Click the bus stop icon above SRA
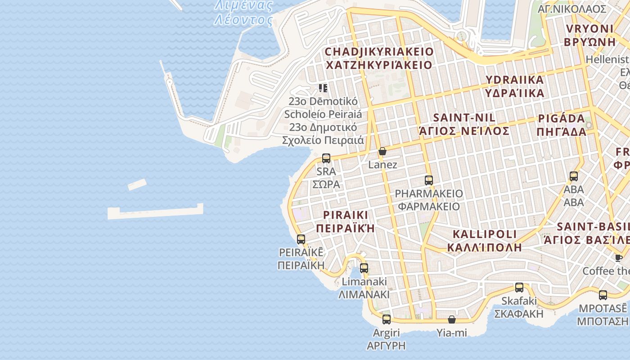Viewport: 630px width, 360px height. pyautogui.click(x=326, y=158)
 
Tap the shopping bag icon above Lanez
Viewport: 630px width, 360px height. pyautogui.click(x=382, y=152)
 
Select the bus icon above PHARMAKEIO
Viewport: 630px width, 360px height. pyautogui.click(x=429, y=180)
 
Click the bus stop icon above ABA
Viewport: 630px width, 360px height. pyautogui.click(x=574, y=176)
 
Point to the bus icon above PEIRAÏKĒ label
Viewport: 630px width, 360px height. pyautogui.click(x=301, y=239)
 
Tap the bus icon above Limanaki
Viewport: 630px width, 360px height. pyautogui.click(x=364, y=268)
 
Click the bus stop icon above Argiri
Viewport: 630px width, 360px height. pyautogui.click(x=387, y=319)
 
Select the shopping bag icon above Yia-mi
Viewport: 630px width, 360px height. pyautogui.click(x=452, y=319)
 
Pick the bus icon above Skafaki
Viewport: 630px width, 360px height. pyautogui.click(x=519, y=288)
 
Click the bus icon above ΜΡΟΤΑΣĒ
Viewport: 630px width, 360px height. pyautogui.click(x=603, y=295)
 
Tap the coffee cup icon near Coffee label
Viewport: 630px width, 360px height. pyautogui.click(x=619, y=258)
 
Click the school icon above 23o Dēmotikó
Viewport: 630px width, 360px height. pyautogui.click(x=323, y=88)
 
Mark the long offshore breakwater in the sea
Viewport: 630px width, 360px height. pyautogui.click(x=155, y=212)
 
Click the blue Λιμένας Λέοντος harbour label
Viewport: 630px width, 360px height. pyautogui.click(x=243, y=13)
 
